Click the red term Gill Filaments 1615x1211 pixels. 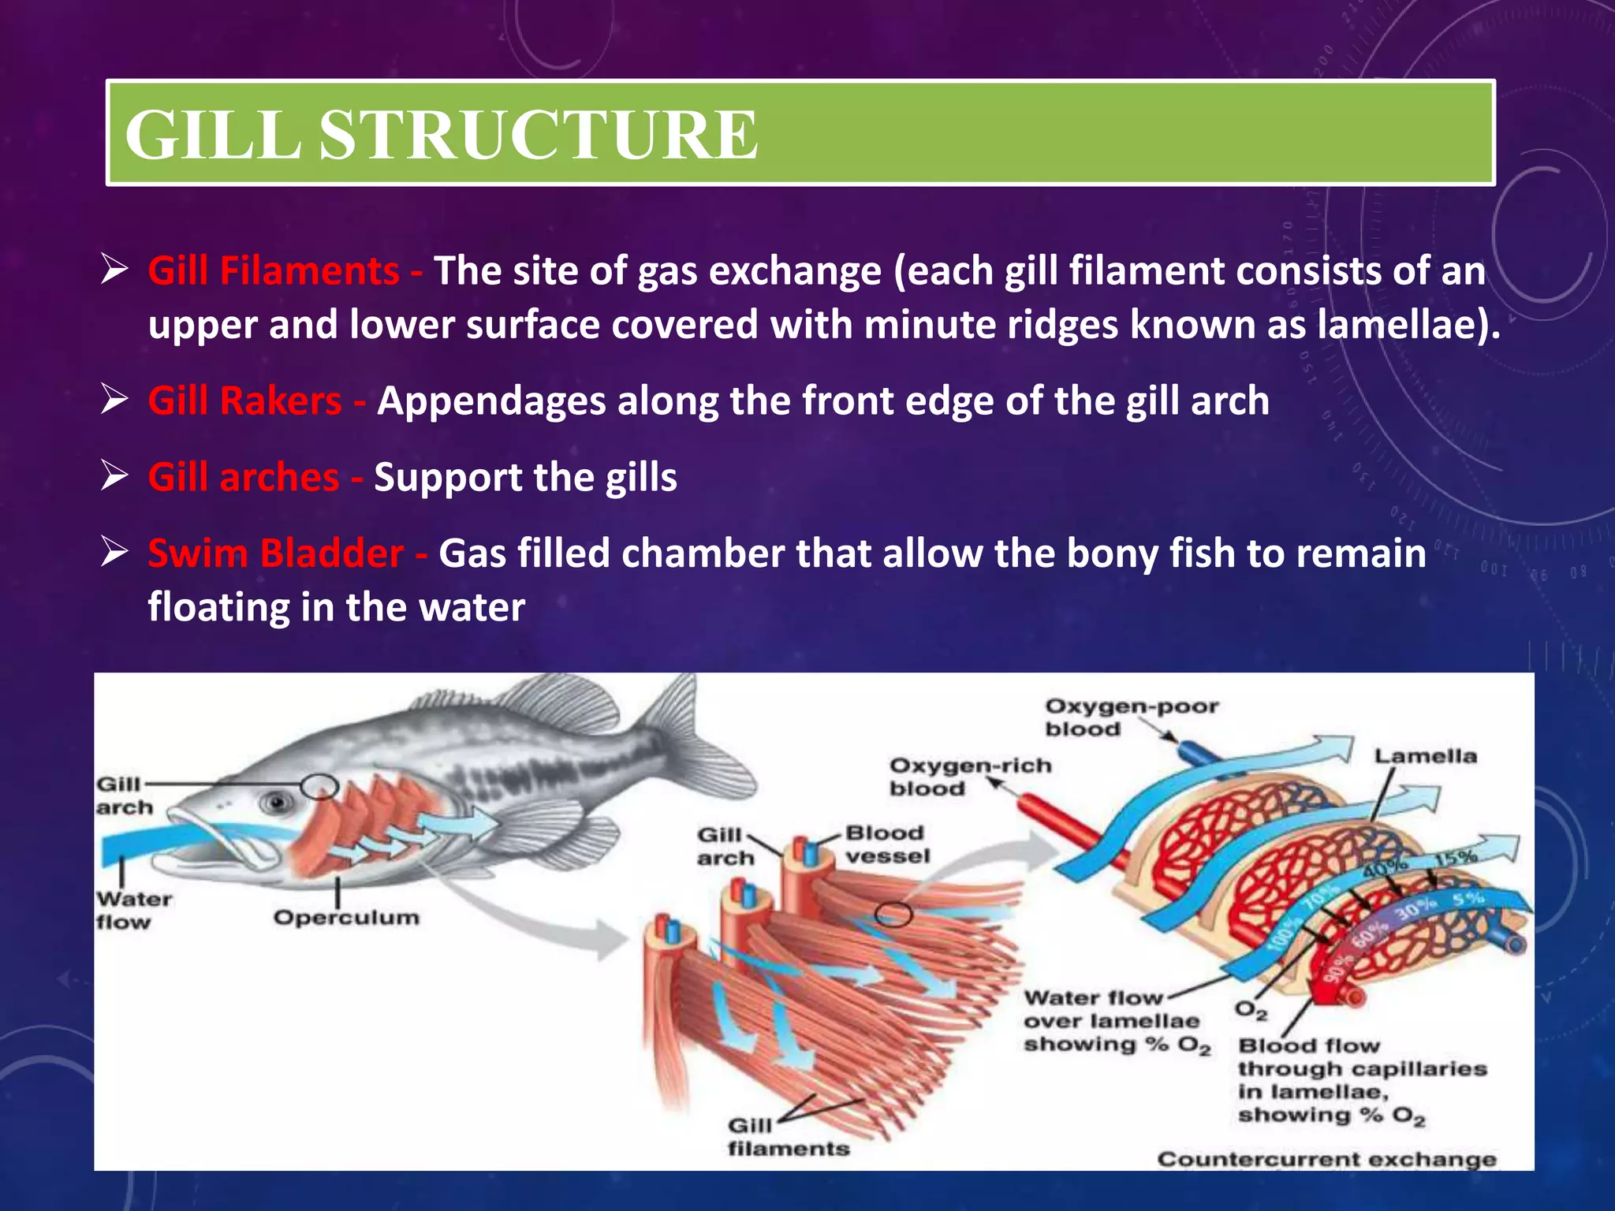(273, 271)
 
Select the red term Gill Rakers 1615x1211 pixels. (244, 401)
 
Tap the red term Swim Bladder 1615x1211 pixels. (275, 553)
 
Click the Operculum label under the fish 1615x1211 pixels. (346, 918)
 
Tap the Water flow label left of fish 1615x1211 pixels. (132, 910)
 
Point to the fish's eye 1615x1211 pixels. (278, 803)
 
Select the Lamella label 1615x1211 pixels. (1425, 756)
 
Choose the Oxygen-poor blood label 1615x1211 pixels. (1130, 717)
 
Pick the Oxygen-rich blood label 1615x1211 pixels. (969, 777)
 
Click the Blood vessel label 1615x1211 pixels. (886, 844)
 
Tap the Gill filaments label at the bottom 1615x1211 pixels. (787, 1137)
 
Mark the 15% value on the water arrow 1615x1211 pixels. (1455, 857)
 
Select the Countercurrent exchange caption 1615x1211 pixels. (1326, 1159)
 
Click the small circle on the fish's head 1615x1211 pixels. (319, 786)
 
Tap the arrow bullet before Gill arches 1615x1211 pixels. (114, 477)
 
